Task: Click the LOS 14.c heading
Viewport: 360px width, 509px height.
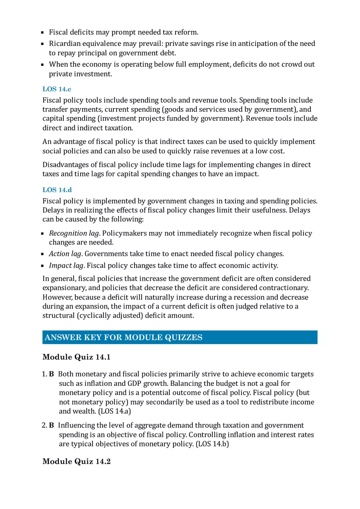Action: [x=57, y=89]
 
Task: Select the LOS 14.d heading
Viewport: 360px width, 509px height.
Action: [x=57, y=190]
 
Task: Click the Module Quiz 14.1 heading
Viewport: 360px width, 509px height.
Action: [x=76, y=357]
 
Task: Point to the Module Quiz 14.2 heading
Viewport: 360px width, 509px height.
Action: [x=76, y=462]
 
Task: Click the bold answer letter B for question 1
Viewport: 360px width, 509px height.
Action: [x=52, y=374]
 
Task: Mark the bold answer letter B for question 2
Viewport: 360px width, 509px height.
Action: [x=52, y=426]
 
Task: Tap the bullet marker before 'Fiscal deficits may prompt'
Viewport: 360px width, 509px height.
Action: [x=43, y=32]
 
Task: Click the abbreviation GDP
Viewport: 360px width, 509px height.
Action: [x=135, y=383]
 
